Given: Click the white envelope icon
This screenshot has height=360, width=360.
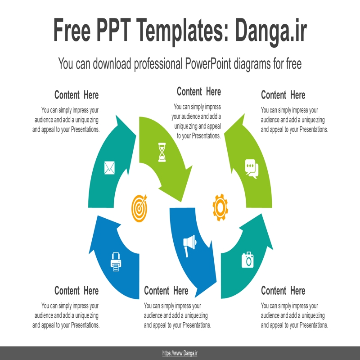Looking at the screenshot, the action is click(x=109, y=167).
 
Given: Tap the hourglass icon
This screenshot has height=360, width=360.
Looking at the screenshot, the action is click(x=162, y=152).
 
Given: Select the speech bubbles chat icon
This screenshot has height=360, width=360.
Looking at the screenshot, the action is click(x=252, y=169).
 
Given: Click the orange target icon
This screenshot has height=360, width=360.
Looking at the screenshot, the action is click(x=139, y=208).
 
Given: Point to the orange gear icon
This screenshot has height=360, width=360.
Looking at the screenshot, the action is click(x=220, y=207).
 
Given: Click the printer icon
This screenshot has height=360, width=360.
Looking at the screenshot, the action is click(x=116, y=262).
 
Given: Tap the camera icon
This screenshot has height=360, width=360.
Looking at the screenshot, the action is click(x=247, y=260).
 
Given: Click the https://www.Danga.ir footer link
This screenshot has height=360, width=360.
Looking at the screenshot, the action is click(x=180, y=353).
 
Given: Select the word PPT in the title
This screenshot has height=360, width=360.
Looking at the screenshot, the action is click(x=114, y=30).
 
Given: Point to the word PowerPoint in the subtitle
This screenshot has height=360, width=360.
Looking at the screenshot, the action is click(x=208, y=63).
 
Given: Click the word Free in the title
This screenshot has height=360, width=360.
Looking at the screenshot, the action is click(x=72, y=30).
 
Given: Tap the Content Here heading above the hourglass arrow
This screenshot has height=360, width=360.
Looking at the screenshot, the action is click(x=199, y=91).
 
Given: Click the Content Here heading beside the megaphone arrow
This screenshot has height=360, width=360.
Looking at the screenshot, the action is click(x=166, y=291).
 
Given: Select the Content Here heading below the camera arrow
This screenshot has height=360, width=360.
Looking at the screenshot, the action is click(x=283, y=291).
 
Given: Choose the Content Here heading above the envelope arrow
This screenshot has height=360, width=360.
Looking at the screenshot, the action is click(x=76, y=95).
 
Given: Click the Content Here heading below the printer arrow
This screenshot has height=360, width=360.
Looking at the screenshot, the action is click(x=76, y=291).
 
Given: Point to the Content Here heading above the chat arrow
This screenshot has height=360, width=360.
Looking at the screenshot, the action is click(x=283, y=95).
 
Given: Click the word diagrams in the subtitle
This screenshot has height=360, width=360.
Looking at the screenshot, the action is click(x=252, y=64).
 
